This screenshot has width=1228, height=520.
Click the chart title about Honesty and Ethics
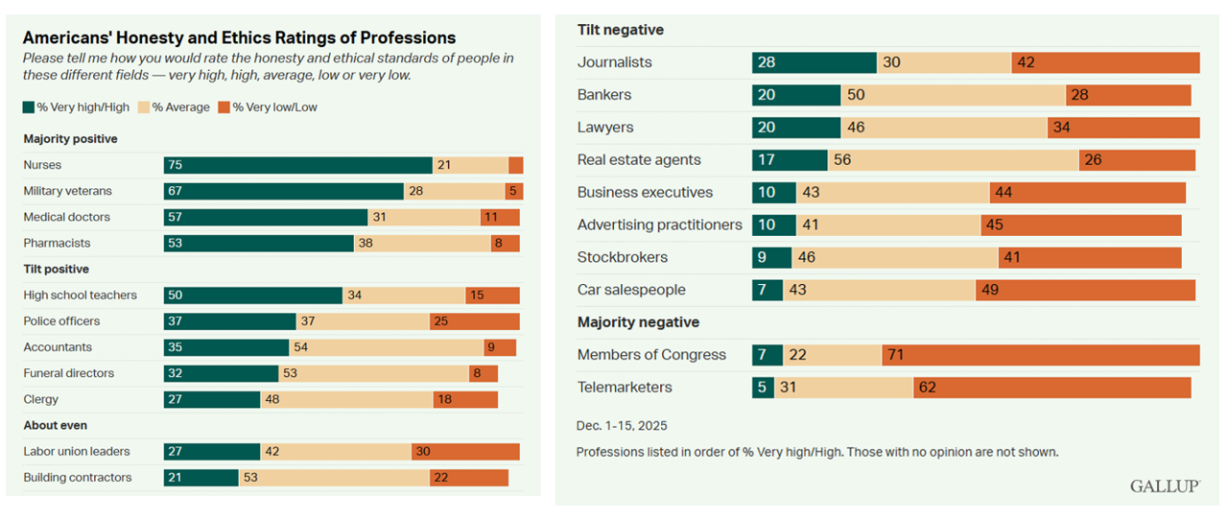coord(239,38)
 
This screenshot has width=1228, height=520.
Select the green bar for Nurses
coord(297,165)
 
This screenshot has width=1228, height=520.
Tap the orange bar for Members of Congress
coord(1040,355)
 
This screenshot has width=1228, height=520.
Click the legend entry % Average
coord(175,107)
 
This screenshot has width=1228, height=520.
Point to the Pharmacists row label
coord(57,244)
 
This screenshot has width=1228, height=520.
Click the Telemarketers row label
coord(625,388)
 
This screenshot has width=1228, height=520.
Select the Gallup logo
coord(1165,486)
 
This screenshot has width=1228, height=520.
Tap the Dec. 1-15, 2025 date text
coord(623,425)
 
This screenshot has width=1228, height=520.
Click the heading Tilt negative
coord(621,30)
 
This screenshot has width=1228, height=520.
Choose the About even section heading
coord(55,425)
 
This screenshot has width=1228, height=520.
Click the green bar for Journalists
coord(814,62)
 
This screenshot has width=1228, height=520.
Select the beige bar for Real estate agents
coord(953,160)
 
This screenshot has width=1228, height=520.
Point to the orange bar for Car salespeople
coord(1085,290)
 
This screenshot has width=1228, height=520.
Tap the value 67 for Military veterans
coord(176,192)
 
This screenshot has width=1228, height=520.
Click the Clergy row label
coord(41,399)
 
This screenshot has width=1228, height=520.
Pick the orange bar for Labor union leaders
coord(465,452)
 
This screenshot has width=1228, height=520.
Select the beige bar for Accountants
coord(386,347)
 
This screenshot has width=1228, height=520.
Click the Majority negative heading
coord(638,322)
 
